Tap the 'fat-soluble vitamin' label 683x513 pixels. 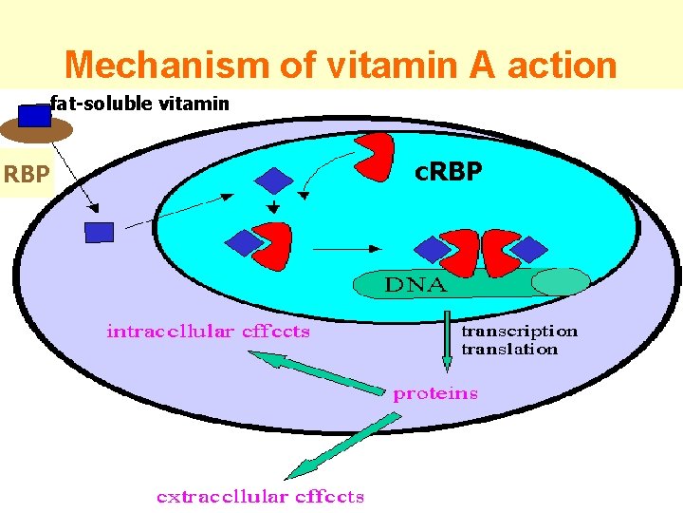pyautogui.click(x=139, y=103)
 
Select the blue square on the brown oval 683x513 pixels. pyautogui.click(x=35, y=116)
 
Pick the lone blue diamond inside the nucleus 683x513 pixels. pyautogui.click(x=274, y=180)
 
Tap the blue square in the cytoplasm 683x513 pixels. pyautogui.click(x=99, y=232)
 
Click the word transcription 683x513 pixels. pyautogui.click(x=519, y=332)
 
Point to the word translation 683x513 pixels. pyautogui.click(x=509, y=349)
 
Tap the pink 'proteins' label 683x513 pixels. pyautogui.click(x=435, y=393)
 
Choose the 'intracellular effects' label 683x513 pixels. pyautogui.click(x=208, y=332)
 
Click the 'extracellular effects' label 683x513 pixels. pyautogui.click(x=260, y=496)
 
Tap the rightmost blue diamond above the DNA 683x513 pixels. pyautogui.click(x=530, y=249)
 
